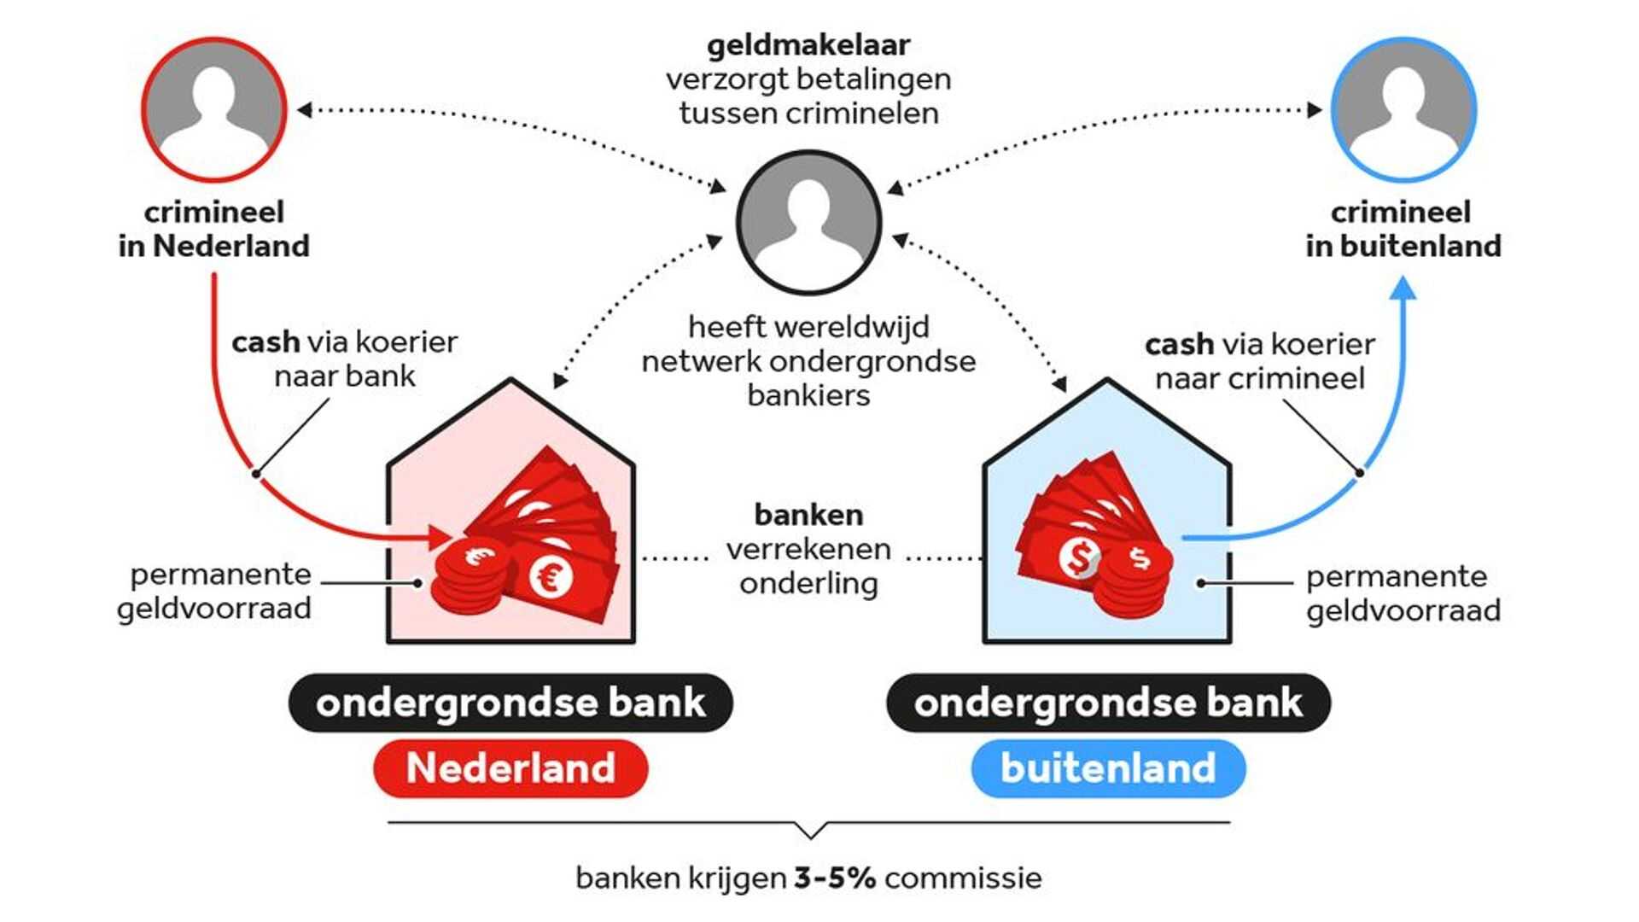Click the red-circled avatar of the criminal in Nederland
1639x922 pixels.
click(213, 109)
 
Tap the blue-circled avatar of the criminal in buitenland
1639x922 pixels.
click(1403, 109)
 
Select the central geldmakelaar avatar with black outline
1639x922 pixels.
click(808, 222)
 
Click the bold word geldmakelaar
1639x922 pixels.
click(808, 44)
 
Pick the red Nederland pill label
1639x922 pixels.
click(510, 767)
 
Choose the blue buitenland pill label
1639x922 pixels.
click(1108, 767)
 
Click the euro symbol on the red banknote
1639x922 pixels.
click(551, 577)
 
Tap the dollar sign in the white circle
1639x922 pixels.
click(1080, 558)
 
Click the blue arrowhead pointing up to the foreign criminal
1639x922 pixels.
click(1403, 288)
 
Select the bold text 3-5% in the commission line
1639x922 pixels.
click(834, 878)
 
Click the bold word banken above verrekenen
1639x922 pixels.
click(808, 515)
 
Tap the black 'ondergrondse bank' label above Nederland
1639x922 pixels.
click(510, 703)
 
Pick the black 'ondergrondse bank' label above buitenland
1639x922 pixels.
click(1108, 703)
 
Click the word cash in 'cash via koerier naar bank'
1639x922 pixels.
click(265, 342)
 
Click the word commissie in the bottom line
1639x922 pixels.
click(963, 878)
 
